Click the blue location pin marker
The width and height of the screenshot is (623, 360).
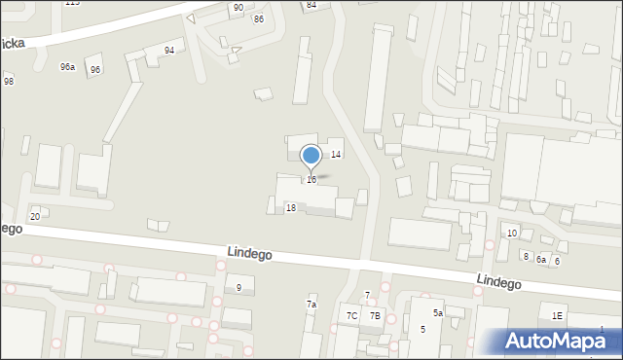[311, 156]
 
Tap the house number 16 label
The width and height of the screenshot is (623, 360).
[311, 180]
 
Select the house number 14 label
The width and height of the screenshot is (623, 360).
[336, 155]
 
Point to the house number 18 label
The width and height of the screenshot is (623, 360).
[290, 208]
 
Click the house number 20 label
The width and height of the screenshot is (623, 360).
[35, 216]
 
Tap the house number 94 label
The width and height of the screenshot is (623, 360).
[169, 50]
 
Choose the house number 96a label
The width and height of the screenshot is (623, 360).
[67, 67]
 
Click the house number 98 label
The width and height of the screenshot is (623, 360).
[9, 81]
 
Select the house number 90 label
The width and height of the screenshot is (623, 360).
[238, 8]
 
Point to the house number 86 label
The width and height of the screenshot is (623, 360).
[258, 19]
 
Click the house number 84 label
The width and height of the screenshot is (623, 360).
[311, 5]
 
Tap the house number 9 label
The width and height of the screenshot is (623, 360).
[238, 287]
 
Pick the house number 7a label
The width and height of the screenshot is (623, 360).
[311, 305]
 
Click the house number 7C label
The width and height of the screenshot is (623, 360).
[351, 316]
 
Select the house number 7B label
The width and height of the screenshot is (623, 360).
[375, 316]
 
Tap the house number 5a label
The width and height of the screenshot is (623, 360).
[438, 313]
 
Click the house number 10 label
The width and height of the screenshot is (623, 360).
[512, 233]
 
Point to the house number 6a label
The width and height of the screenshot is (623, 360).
[541, 260]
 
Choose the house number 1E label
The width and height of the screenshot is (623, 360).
[557, 315]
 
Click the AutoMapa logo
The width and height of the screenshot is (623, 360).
[561, 341]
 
